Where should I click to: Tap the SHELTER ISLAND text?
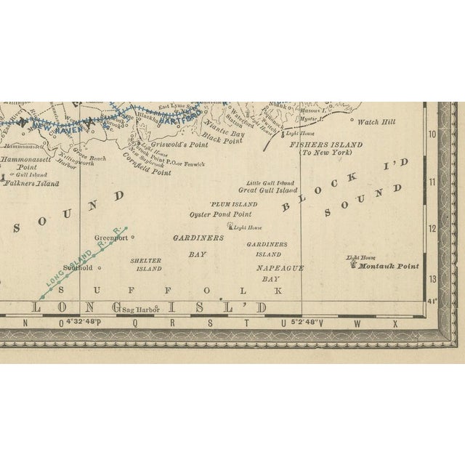(145, 264)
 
